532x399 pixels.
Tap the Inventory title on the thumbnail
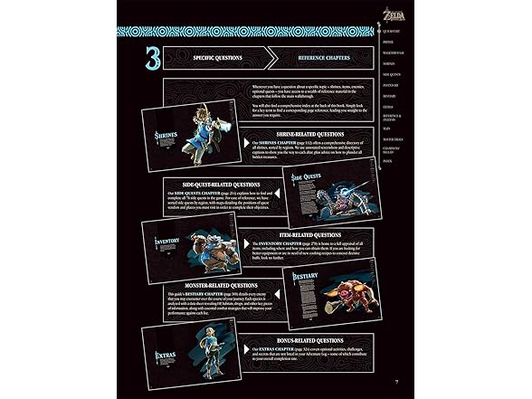point(168,242)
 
